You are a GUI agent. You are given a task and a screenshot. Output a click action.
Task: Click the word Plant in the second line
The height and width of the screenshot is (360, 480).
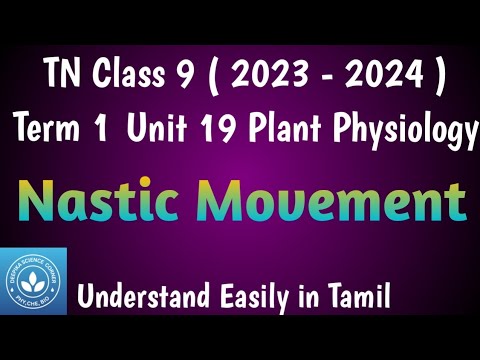(x=297, y=129)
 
